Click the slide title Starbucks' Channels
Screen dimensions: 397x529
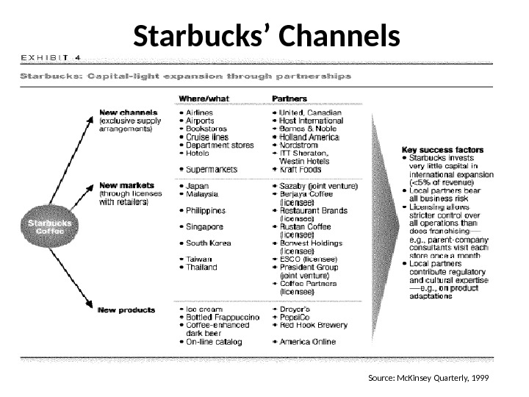267,35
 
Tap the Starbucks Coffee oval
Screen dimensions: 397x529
50,226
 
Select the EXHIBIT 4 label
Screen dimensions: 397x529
51,56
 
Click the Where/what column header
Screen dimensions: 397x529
204,99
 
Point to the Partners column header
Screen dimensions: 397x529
289,99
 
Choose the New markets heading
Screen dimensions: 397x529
126,185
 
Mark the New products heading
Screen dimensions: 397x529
126,310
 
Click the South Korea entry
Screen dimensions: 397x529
209,243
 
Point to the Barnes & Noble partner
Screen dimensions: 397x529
307,129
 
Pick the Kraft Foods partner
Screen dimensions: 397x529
301,169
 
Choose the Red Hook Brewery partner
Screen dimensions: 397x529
314,326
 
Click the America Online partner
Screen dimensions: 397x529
311,341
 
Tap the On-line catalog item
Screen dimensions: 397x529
215,341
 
